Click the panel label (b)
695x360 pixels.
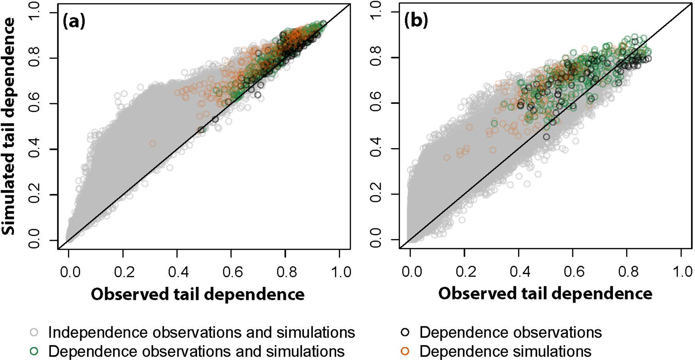coord(416,21)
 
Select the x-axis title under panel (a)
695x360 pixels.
coord(198,294)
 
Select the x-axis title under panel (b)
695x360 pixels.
coord(545,293)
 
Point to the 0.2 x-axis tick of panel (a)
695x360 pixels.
coord(123,272)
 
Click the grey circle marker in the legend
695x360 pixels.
coord(34,332)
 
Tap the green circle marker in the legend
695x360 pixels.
coord(34,351)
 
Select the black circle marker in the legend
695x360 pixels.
coord(406,332)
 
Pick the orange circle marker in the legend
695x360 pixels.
coord(406,351)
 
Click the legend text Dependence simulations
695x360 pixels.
coord(505,351)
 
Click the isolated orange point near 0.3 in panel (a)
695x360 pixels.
coord(153,144)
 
